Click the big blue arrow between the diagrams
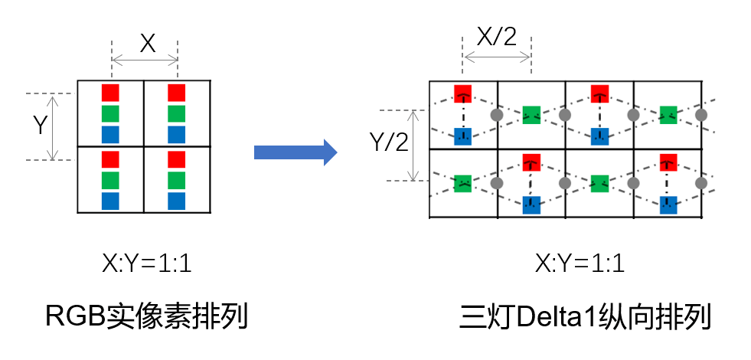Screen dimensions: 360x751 (295, 152)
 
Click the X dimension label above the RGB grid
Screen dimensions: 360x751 (147, 44)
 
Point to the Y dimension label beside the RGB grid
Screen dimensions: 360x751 (40, 125)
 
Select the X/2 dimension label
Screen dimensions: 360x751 (496, 36)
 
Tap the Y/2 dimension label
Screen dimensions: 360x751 (388, 143)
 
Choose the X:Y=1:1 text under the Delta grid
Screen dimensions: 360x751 (580, 265)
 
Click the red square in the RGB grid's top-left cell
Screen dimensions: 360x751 (111, 93)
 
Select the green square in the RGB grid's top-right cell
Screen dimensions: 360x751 (177, 114)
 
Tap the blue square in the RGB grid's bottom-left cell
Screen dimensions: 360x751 (111, 201)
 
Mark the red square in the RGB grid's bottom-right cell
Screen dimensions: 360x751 (177, 159)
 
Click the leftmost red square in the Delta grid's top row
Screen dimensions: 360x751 (462, 93)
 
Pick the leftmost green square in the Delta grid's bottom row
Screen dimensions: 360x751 (462, 184)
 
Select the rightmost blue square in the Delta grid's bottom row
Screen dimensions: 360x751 (668, 205)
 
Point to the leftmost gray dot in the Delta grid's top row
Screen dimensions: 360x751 (496, 116)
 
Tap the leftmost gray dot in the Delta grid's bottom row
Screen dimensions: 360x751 (496, 184)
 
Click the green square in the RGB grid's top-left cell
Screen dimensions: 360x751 (111, 114)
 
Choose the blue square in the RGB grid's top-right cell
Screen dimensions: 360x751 (177, 135)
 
